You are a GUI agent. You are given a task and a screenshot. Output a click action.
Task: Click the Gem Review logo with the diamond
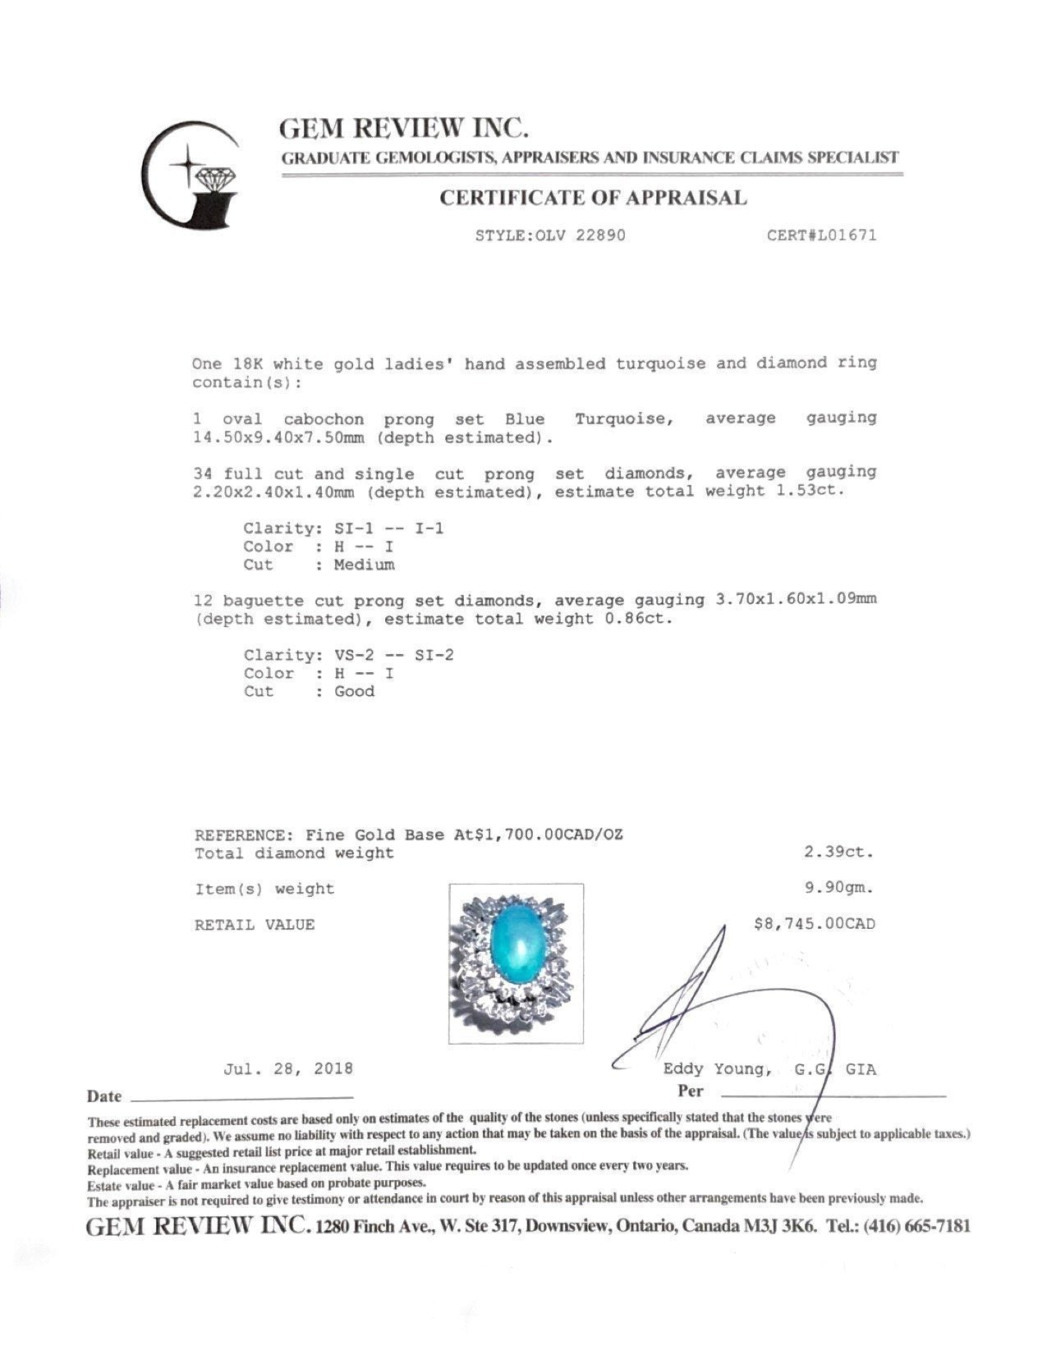pos(191,174)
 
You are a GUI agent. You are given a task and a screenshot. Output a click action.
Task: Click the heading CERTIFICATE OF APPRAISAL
pos(593,198)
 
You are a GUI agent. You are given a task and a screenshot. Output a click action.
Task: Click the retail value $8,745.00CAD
pos(814,924)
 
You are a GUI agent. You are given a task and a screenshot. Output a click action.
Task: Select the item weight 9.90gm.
pos(838,887)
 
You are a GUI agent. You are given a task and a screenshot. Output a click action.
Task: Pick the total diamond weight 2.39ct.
pos(838,852)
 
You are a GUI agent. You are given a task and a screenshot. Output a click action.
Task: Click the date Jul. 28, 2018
pos(288,1068)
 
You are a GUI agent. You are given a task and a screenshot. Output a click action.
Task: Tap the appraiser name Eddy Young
pos(717,1069)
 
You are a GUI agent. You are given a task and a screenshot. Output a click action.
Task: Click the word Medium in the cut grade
pos(364,565)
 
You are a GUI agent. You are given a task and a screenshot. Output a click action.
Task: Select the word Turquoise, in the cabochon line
pos(624,419)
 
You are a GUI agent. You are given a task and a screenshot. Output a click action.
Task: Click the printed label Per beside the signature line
pos(691,1091)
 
